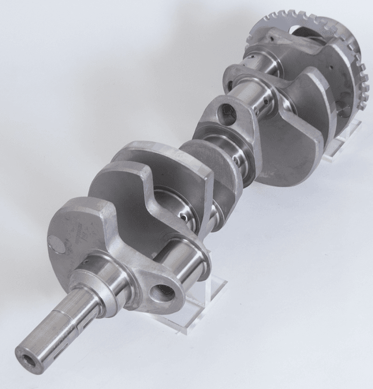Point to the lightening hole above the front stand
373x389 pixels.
tap(163, 293)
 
